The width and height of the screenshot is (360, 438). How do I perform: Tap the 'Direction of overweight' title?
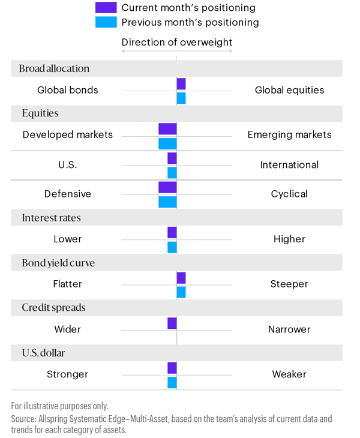pos(176,43)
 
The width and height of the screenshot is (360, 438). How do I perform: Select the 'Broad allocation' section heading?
pos(54,68)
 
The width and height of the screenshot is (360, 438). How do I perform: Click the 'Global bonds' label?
pos(67,90)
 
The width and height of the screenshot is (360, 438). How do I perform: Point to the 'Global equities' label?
pos(289,90)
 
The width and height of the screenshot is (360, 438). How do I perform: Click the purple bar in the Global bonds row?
pos(181,84)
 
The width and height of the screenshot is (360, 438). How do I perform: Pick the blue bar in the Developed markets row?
pos(167,143)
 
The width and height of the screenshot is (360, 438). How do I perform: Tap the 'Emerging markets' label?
pos(289,135)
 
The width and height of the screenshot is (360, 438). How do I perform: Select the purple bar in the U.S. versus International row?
pos(172,158)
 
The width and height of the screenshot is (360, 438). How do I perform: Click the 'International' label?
pos(289,164)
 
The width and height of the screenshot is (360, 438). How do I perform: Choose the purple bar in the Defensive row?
pos(167,187)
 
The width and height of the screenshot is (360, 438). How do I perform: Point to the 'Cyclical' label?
pos(289,194)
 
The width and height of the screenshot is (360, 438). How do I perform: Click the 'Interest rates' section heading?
pos(51,218)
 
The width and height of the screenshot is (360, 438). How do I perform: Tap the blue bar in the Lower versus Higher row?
pos(172,247)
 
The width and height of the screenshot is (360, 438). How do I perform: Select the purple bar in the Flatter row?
pos(181,278)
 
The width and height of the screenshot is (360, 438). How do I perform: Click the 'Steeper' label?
pos(289,284)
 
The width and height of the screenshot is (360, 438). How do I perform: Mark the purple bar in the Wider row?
pos(172,323)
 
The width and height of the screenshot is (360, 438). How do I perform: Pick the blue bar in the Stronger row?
pos(172,382)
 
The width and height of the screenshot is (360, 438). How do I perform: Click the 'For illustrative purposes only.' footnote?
pos(60,406)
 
